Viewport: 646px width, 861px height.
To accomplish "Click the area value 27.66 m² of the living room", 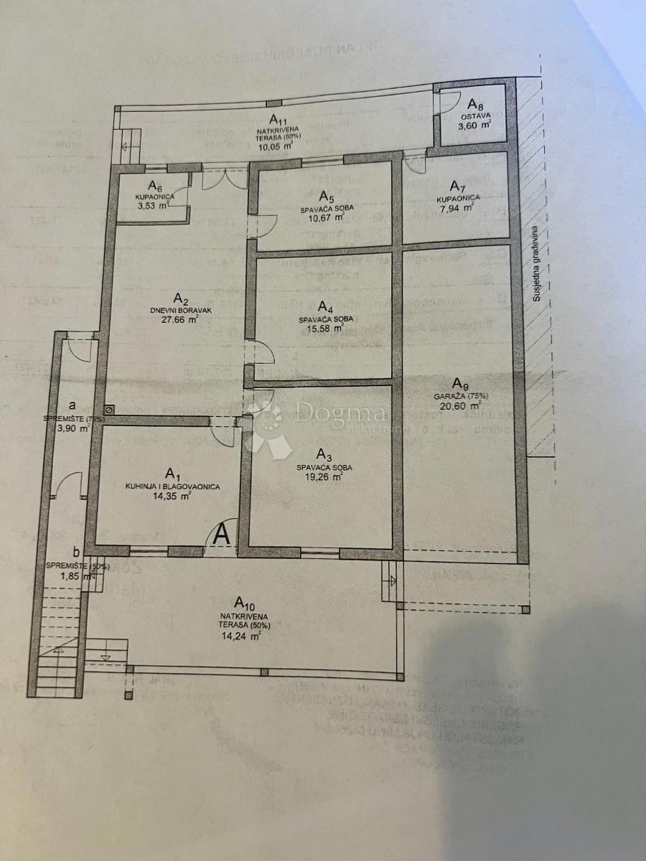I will [180, 321].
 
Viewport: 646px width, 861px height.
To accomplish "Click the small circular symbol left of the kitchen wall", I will [108, 409].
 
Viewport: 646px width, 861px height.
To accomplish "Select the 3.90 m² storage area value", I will [72, 428].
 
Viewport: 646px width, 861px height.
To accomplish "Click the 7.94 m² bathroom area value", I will [457, 209].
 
